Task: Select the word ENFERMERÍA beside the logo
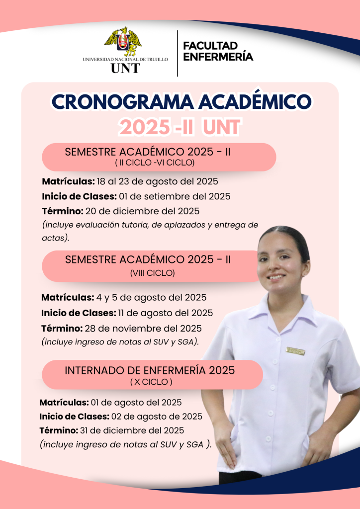[218, 57]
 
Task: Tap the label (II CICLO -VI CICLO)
[155, 163]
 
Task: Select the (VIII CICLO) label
[152, 273]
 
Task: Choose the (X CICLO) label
[151, 382]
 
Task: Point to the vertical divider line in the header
[178, 53]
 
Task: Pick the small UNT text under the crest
[125, 68]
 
